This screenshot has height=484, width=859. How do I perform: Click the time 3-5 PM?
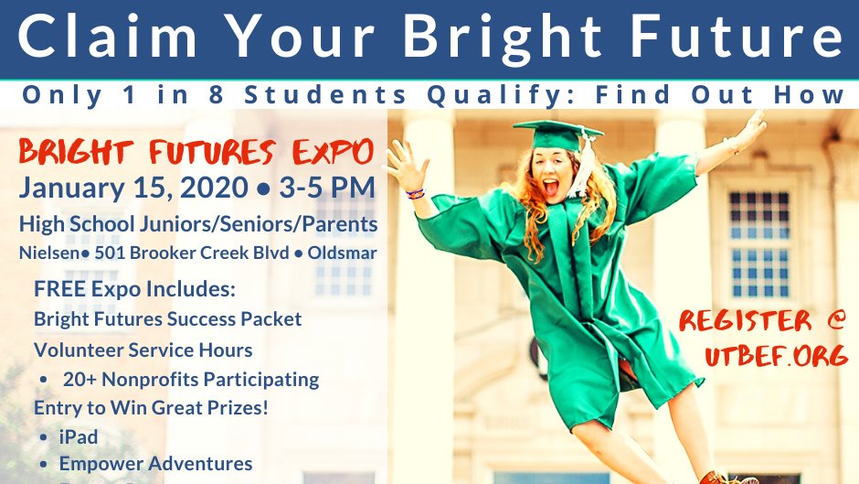click(x=324, y=188)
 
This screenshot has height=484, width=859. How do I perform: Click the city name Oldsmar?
click(x=342, y=253)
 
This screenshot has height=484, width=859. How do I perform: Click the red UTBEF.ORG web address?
click(x=776, y=356)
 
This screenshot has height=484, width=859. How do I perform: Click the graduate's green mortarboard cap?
click(x=557, y=135)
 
